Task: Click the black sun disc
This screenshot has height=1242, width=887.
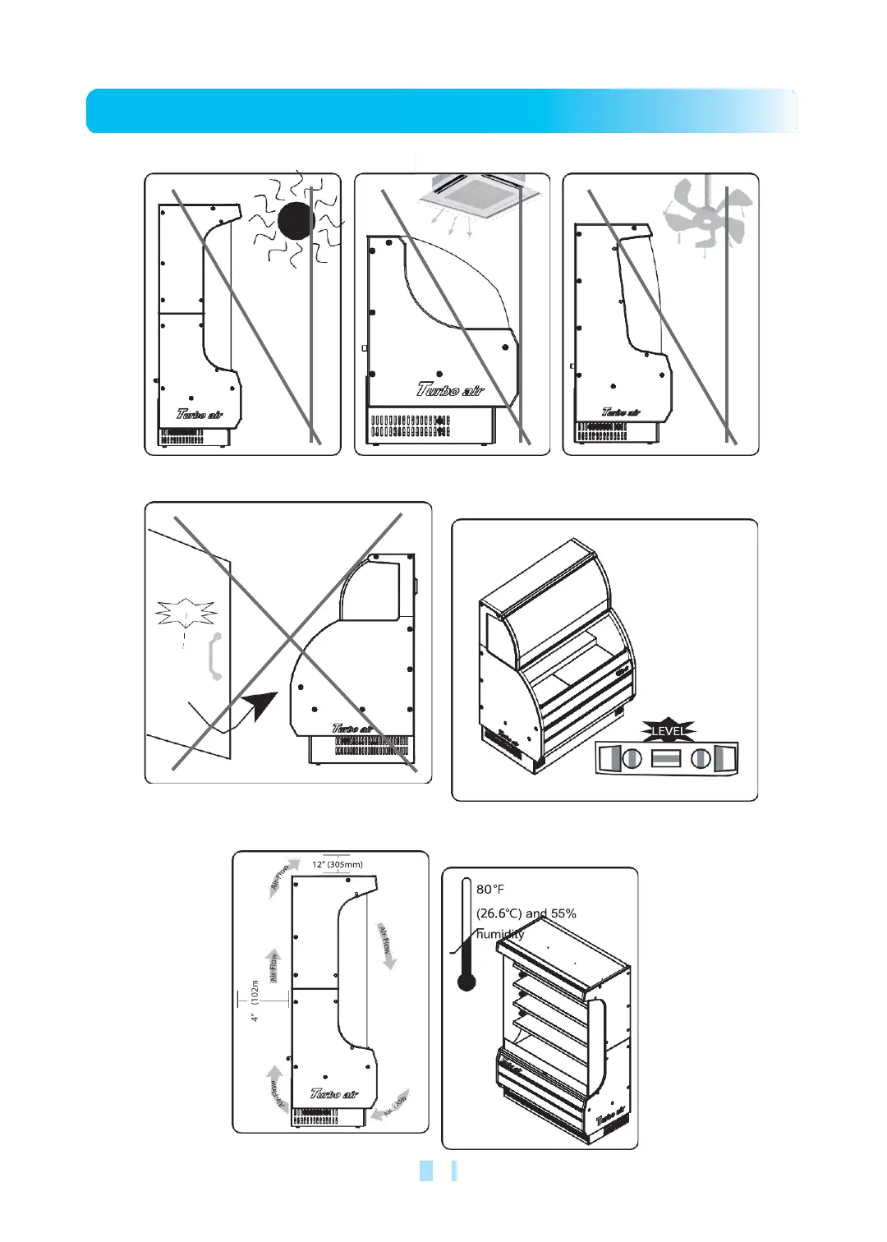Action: [296, 220]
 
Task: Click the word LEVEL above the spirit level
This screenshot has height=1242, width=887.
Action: [668, 730]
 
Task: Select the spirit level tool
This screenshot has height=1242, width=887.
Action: [666, 758]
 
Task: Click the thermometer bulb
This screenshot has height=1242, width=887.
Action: [466, 981]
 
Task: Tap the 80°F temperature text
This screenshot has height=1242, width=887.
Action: [490, 890]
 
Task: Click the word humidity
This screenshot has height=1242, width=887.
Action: [499, 934]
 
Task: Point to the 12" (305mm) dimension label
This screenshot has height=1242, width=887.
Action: [338, 864]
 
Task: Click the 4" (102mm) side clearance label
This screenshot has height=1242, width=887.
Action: [255, 1000]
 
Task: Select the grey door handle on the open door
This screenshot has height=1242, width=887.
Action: [215, 656]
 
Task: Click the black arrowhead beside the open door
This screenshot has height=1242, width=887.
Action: [262, 705]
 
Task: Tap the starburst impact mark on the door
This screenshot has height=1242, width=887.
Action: [186, 613]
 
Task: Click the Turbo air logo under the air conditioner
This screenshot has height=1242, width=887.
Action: [450, 389]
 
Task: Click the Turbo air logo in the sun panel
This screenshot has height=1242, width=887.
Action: [200, 414]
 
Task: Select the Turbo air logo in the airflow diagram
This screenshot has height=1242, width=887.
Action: [334, 1093]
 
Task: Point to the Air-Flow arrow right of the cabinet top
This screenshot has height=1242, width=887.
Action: [386, 945]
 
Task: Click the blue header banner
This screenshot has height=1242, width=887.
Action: [442, 111]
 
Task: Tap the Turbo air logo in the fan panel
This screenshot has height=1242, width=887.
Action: [621, 412]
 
